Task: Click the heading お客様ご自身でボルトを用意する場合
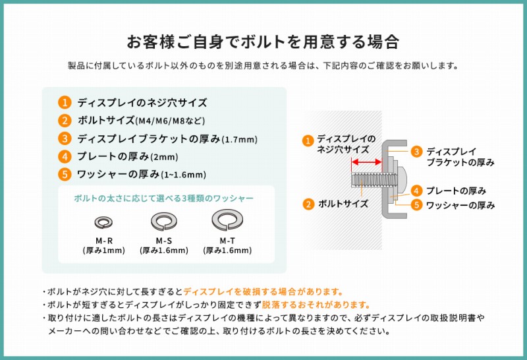(263, 42)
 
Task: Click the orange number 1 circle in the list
(65, 103)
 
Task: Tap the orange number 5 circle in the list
(65, 175)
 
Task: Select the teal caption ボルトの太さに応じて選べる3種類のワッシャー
(164, 198)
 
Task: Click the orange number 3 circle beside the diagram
(416, 152)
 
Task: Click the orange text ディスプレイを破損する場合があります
(263, 291)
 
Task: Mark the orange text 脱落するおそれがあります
(316, 305)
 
